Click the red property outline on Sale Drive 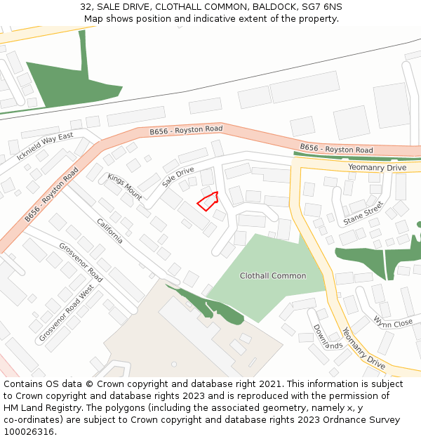click(207, 202)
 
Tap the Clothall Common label click(273, 276)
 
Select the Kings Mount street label click(125, 186)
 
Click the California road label click(110, 230)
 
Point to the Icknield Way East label click(45, 146)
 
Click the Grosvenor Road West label click(67, 313)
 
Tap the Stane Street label click(363, 214)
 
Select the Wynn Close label click(393, 322)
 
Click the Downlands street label click(327, 336)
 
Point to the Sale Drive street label click(178, 176)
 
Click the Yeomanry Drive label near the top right click(377, 168)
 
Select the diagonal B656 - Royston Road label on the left click(51, 195)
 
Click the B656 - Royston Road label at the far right click(336, 149)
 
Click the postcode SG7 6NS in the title click(323, 6)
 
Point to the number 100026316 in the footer click(28, 432)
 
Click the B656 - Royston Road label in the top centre click(186, 131)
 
